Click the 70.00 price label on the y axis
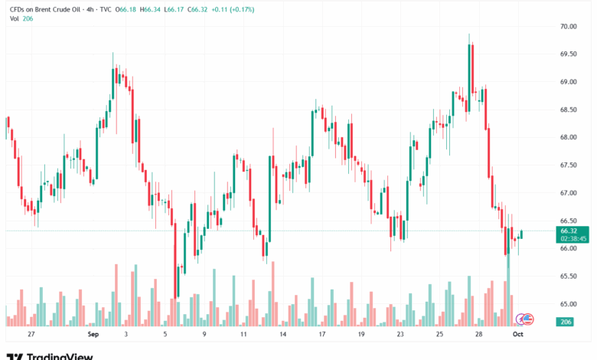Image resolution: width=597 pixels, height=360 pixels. tap(567, 26)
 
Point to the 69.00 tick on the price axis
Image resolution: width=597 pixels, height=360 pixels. tap(567, 82)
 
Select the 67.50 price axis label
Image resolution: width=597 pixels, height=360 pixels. tap(567, 165)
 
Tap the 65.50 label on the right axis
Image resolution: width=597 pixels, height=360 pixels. tap(567, 276)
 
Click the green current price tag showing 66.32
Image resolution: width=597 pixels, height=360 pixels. tap(573, 231)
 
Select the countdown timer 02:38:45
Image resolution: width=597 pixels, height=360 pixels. tap(573, 238)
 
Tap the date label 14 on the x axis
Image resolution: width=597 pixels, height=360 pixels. tap(282, 335)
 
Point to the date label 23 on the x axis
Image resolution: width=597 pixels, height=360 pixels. tap(400, 335)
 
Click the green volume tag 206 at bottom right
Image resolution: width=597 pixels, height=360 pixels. tap(567, 322)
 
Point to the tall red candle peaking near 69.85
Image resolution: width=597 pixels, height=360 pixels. tap(472, 77)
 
